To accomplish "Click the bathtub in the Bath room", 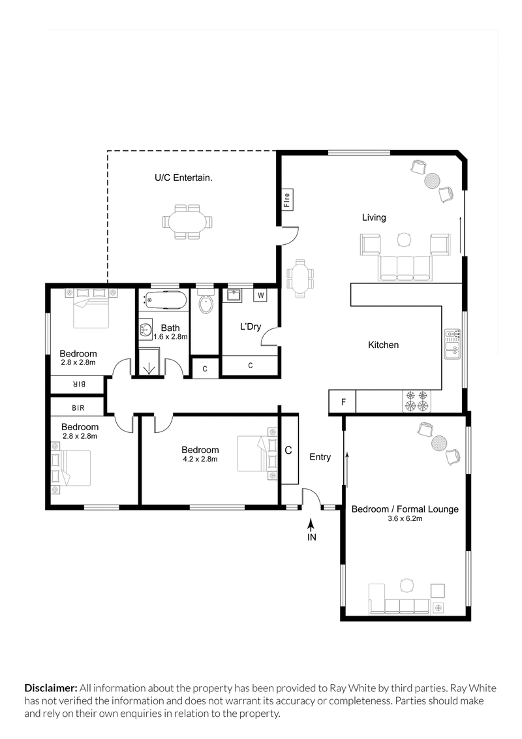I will point(163,302).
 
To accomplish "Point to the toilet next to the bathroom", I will point(206,304).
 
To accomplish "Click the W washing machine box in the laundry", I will point(260,296).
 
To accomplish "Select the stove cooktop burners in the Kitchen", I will point(417,401).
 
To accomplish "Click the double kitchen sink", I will point(452,345).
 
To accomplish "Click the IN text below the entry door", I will point(312,537).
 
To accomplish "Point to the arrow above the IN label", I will point(312,524).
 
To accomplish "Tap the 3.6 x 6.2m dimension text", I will point(405,520).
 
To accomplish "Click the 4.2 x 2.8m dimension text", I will point(200,459).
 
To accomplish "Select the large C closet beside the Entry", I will point(288,450).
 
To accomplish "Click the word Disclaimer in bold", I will point(51,688).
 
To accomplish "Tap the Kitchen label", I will point(383,345).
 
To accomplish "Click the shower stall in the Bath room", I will point(150,363).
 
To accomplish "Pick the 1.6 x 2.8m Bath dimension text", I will point(166,337).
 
